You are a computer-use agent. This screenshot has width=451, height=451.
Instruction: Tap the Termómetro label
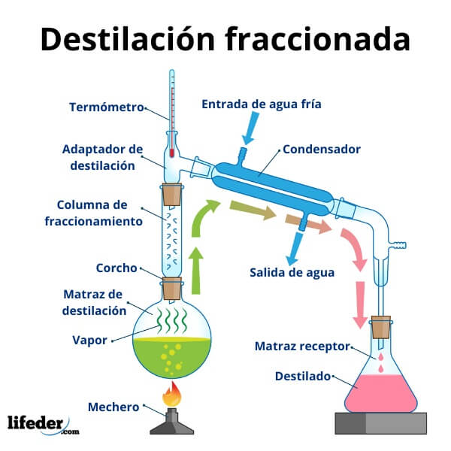pyautogui.click(x=107, y=107)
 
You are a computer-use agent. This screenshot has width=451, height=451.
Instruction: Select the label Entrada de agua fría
pyautogui.click(x=261, y=104)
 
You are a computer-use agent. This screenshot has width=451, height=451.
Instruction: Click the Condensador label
pyautogui.click(x=321, y=149)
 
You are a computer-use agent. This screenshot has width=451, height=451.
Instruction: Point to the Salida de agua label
pyautogui.click(x=292, y=271)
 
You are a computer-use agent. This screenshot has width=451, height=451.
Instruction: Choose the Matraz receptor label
pyautogui.click(x=302, y=346)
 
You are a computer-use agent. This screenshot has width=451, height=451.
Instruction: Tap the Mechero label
pyautogui.click(x=114, y=407)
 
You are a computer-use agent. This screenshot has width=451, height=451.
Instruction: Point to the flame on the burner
pyautogui.click(x=172, y=392)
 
